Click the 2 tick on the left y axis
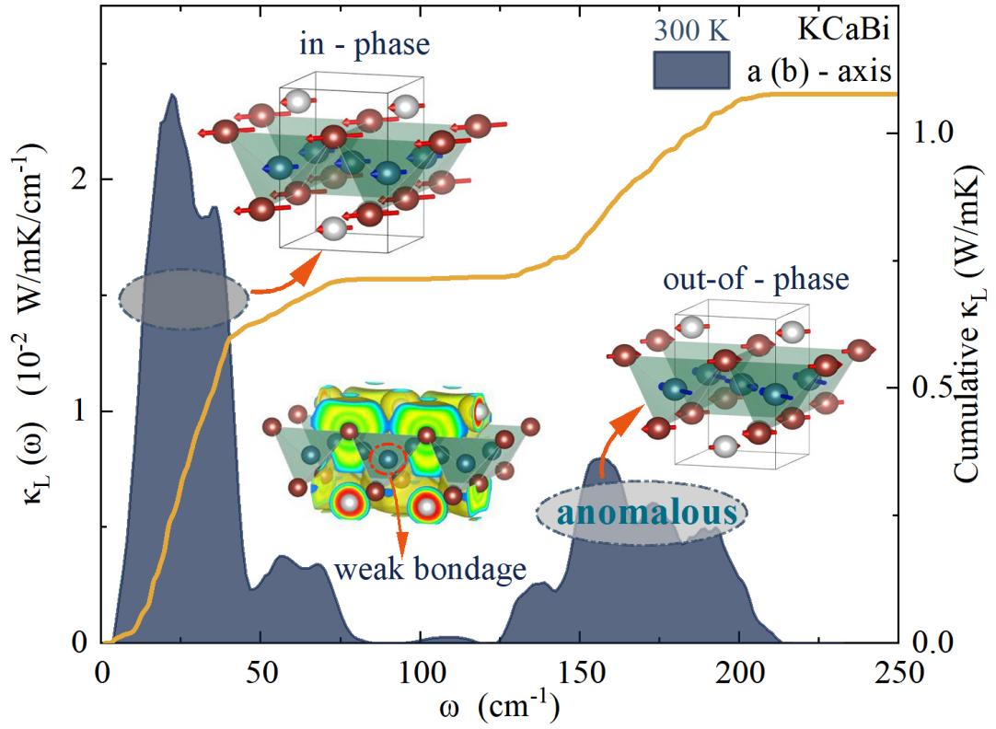click(x=81, y=179)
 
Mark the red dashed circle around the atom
click(x=388, y=458)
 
